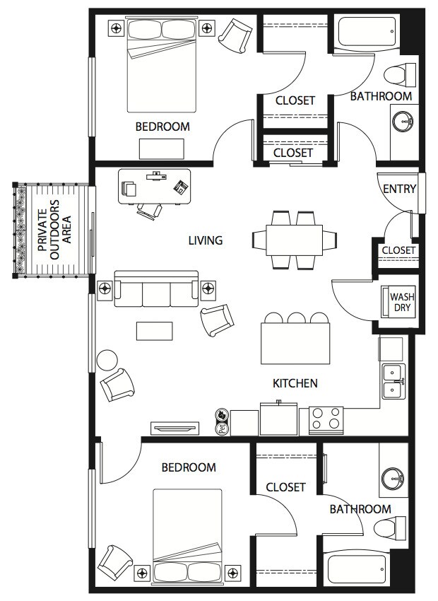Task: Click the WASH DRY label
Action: point(402,302)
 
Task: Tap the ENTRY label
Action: point(399,189)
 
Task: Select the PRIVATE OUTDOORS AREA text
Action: point(55,230)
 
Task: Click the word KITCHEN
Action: point(295,383)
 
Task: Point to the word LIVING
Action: point(205,240)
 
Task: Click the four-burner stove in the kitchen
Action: point(326,421)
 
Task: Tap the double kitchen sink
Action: point(393,381)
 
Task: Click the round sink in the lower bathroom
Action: point(393,479)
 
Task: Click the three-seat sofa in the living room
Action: point(156,289)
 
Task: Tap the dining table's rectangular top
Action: point(295,240)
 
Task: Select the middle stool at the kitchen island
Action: point(296,318)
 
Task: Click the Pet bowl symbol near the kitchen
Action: point(222,422)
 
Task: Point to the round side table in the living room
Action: point(107,360)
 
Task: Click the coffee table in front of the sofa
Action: point(154,331)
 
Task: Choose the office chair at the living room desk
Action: point(150,211)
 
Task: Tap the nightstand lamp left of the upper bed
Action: point(117,28)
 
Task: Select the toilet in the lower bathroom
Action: point(390,527)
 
